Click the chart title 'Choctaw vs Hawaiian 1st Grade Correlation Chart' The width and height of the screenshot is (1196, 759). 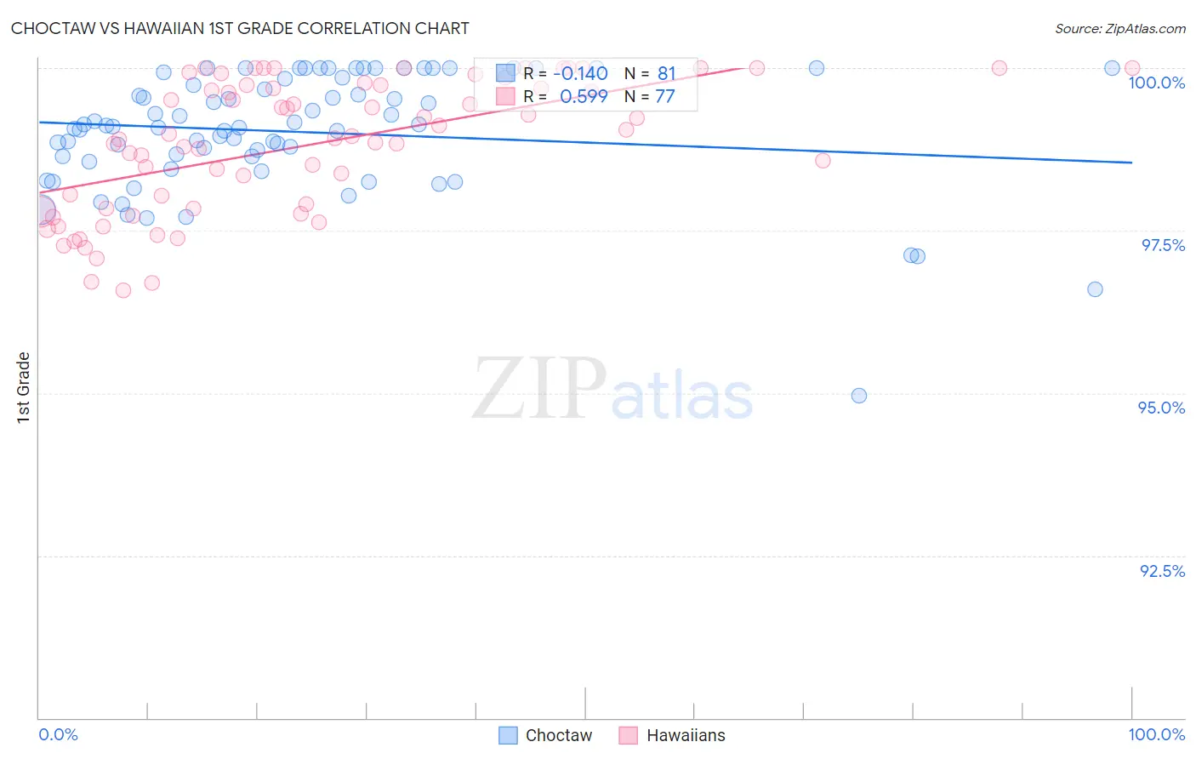pos(240,28)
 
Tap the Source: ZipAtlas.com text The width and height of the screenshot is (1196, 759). pos(1119,28)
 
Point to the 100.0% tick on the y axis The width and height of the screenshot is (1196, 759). pos(1156,83)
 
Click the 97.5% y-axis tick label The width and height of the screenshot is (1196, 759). pos(1163,245)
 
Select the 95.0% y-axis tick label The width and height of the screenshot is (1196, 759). pos(1161,408)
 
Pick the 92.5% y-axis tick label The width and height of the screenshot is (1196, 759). pos(1162,571)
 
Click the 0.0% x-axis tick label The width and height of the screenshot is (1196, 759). pos(58,734)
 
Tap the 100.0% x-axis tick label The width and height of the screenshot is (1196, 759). pos(1156,734)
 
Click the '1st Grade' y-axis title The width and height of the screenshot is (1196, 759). pos(24,387)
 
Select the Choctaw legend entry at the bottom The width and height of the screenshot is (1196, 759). pos(545,735)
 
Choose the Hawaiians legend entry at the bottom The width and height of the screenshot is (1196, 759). pos(672,735)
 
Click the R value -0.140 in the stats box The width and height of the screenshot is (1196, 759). pos(580,73)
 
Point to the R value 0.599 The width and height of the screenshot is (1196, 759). pos(584,96)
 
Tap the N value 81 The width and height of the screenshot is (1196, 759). pos(666,73)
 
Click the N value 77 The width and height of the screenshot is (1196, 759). pos(664,96)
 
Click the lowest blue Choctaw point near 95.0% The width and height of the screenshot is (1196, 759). pos(859,396)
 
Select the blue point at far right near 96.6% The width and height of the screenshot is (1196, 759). pos(1095,289)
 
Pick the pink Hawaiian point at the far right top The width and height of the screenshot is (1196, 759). pos(1132,68)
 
